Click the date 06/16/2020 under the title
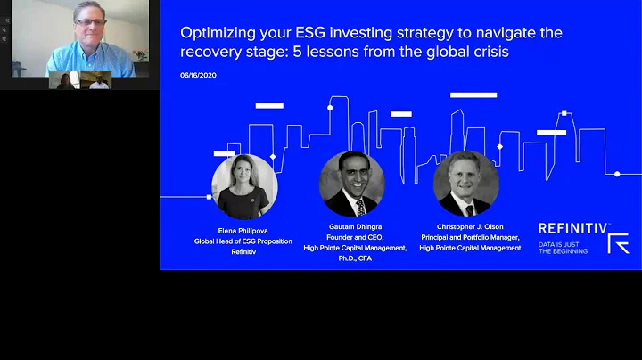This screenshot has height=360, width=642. [x=198, y=75]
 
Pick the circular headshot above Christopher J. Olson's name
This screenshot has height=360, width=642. [x=465, y=184]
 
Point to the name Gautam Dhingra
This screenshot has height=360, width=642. [x=355, y=227]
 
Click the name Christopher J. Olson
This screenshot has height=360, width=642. [x=470, y=227]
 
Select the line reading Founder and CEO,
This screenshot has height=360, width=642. [x=355, y=238]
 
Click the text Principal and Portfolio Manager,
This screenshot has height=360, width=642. [x=470, y=238]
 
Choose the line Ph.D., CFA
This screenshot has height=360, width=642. [x=355, y=259]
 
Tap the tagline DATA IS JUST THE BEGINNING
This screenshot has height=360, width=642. [x=564, y=248]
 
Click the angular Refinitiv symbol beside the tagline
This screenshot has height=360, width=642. [x=618, y=243]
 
